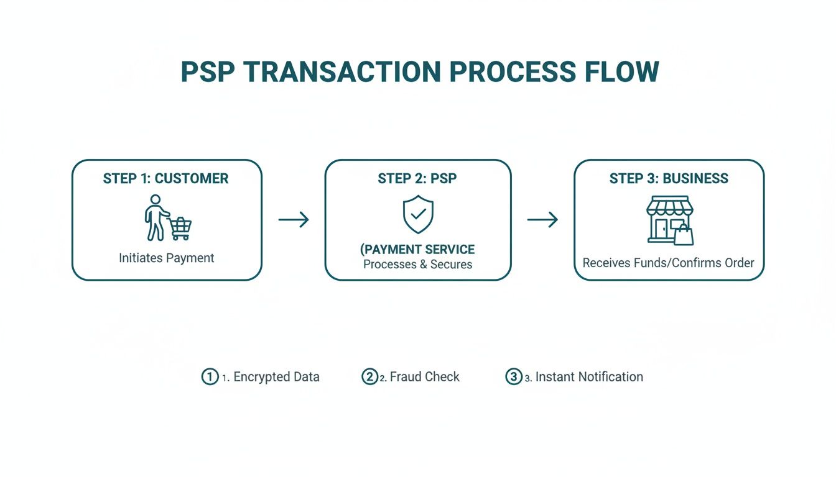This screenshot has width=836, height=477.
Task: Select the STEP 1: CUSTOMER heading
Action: pyautogui.click(x=166, y=179)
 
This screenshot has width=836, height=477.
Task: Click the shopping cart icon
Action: pyautogui.click(x=180, y=228)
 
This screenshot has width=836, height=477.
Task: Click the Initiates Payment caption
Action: pyautogui.click(x=166, y=258)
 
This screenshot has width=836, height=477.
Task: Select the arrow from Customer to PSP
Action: pyautogui.click(x=294, y=219)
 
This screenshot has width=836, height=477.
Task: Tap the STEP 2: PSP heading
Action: pyautogui.click(x=417, y=179)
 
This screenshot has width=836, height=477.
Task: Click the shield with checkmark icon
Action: pyautogui.click(x=418, y=215)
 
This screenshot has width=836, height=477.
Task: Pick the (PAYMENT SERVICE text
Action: pyautogui.click(x=417, y=250)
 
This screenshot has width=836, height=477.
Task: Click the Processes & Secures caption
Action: pyautogui.click(x=417, y=265)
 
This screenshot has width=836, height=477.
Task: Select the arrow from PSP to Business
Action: pyautogui.click(x=542, y=219)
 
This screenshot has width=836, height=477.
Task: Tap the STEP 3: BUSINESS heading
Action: pyautogui.click(x=669, y=179)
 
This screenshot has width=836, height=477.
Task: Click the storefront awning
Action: pyautogui.click(x=669, y=206)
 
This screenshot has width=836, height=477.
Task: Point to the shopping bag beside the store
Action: pyautogui.click(x=684, y=235)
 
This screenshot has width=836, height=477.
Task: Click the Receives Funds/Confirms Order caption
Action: pyautogui.click(x=669, y=263)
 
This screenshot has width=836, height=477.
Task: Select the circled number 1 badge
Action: pyautogui.click(x=210, y=377)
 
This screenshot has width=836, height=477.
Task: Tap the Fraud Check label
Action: pyautogui.click(x=424, y=377)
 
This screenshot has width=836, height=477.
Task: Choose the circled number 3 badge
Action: pyautogui.click(x=513, y=377)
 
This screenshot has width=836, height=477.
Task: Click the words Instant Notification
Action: pyautogui.click(x=588, y=377)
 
